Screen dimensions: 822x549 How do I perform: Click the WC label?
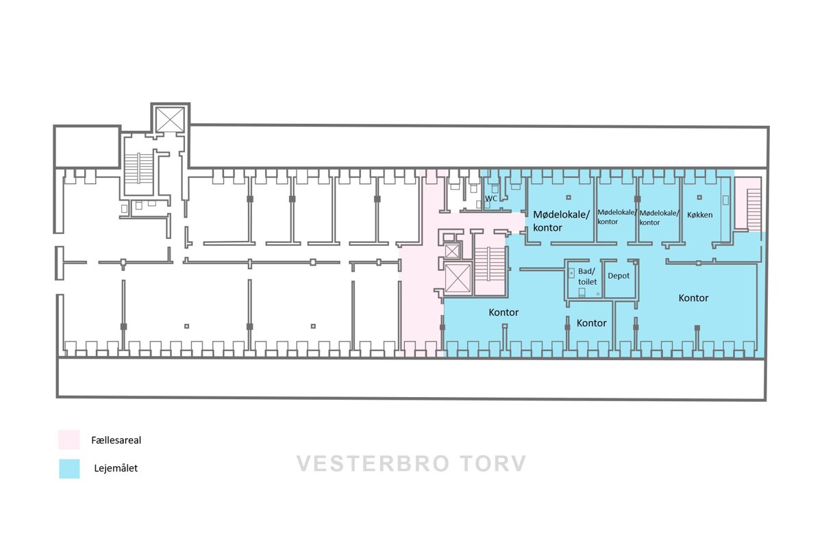(x=491, y=199)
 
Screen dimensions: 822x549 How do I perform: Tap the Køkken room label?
(x=699, y=215)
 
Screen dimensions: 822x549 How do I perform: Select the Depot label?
(x=619, y=276)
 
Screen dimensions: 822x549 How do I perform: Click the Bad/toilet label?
(x=587, y=277)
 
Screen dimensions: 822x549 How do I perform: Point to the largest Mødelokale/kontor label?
(x=561, y=221)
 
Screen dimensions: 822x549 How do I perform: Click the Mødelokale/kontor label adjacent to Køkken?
(x=659, y=218)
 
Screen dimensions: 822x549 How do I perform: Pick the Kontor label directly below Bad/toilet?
(x=591, y=323)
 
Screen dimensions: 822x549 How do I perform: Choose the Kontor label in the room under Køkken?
(x=693, y=298)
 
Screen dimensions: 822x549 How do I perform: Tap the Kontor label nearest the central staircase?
(x=503, y=312)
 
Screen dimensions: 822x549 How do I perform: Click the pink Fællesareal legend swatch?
(x=69, y=439)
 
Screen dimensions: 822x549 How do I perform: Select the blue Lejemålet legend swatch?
(x=69, y=469)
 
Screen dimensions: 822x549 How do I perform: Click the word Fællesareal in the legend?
(x=116, y=440)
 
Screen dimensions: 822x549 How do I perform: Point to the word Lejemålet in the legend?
(x=116, y=468)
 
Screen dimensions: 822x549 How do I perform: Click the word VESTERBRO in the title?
(x=373, y=463)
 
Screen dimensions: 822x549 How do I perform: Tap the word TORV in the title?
(x=494, y=463)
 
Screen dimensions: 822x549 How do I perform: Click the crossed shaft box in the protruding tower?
(x=171, y=120)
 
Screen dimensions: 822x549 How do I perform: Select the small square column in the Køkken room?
(x=699, y=197)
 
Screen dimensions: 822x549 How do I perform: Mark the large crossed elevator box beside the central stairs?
(x=458, y=278)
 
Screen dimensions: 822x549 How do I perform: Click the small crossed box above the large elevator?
(x=451, y=251)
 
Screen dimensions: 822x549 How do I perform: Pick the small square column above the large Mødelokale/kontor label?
(x=569, y=197)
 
